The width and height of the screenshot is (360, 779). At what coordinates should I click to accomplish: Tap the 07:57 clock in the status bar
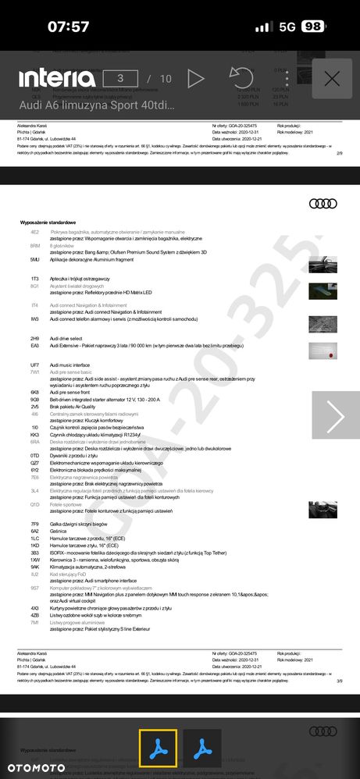(x=68, y=27)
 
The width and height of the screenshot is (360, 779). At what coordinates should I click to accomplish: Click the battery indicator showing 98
(x=313, y=27)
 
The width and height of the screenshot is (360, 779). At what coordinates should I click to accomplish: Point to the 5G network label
(x=287, y=27)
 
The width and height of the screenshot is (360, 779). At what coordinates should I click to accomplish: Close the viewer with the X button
(x=332, y=78)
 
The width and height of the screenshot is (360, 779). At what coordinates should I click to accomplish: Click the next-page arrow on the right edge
(x=336, y=418)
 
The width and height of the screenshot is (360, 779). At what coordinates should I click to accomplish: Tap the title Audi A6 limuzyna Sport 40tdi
(x=97, y=105)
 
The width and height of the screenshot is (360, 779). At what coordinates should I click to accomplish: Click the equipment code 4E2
(x=35, y=233)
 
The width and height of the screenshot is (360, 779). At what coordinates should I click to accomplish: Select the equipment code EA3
(x=35, y=345)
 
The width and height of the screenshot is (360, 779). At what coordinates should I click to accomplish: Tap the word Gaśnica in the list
(x=59, y=530)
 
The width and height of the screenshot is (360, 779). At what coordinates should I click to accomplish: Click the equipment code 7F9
(x=35, y=524)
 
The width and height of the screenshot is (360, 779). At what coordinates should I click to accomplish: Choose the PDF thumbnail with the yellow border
(x=159, y=749)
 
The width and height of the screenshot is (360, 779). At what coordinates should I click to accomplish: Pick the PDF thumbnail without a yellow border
(x=202, y=749)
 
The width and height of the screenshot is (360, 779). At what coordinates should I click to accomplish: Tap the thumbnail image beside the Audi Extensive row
(x=322, y=350)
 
